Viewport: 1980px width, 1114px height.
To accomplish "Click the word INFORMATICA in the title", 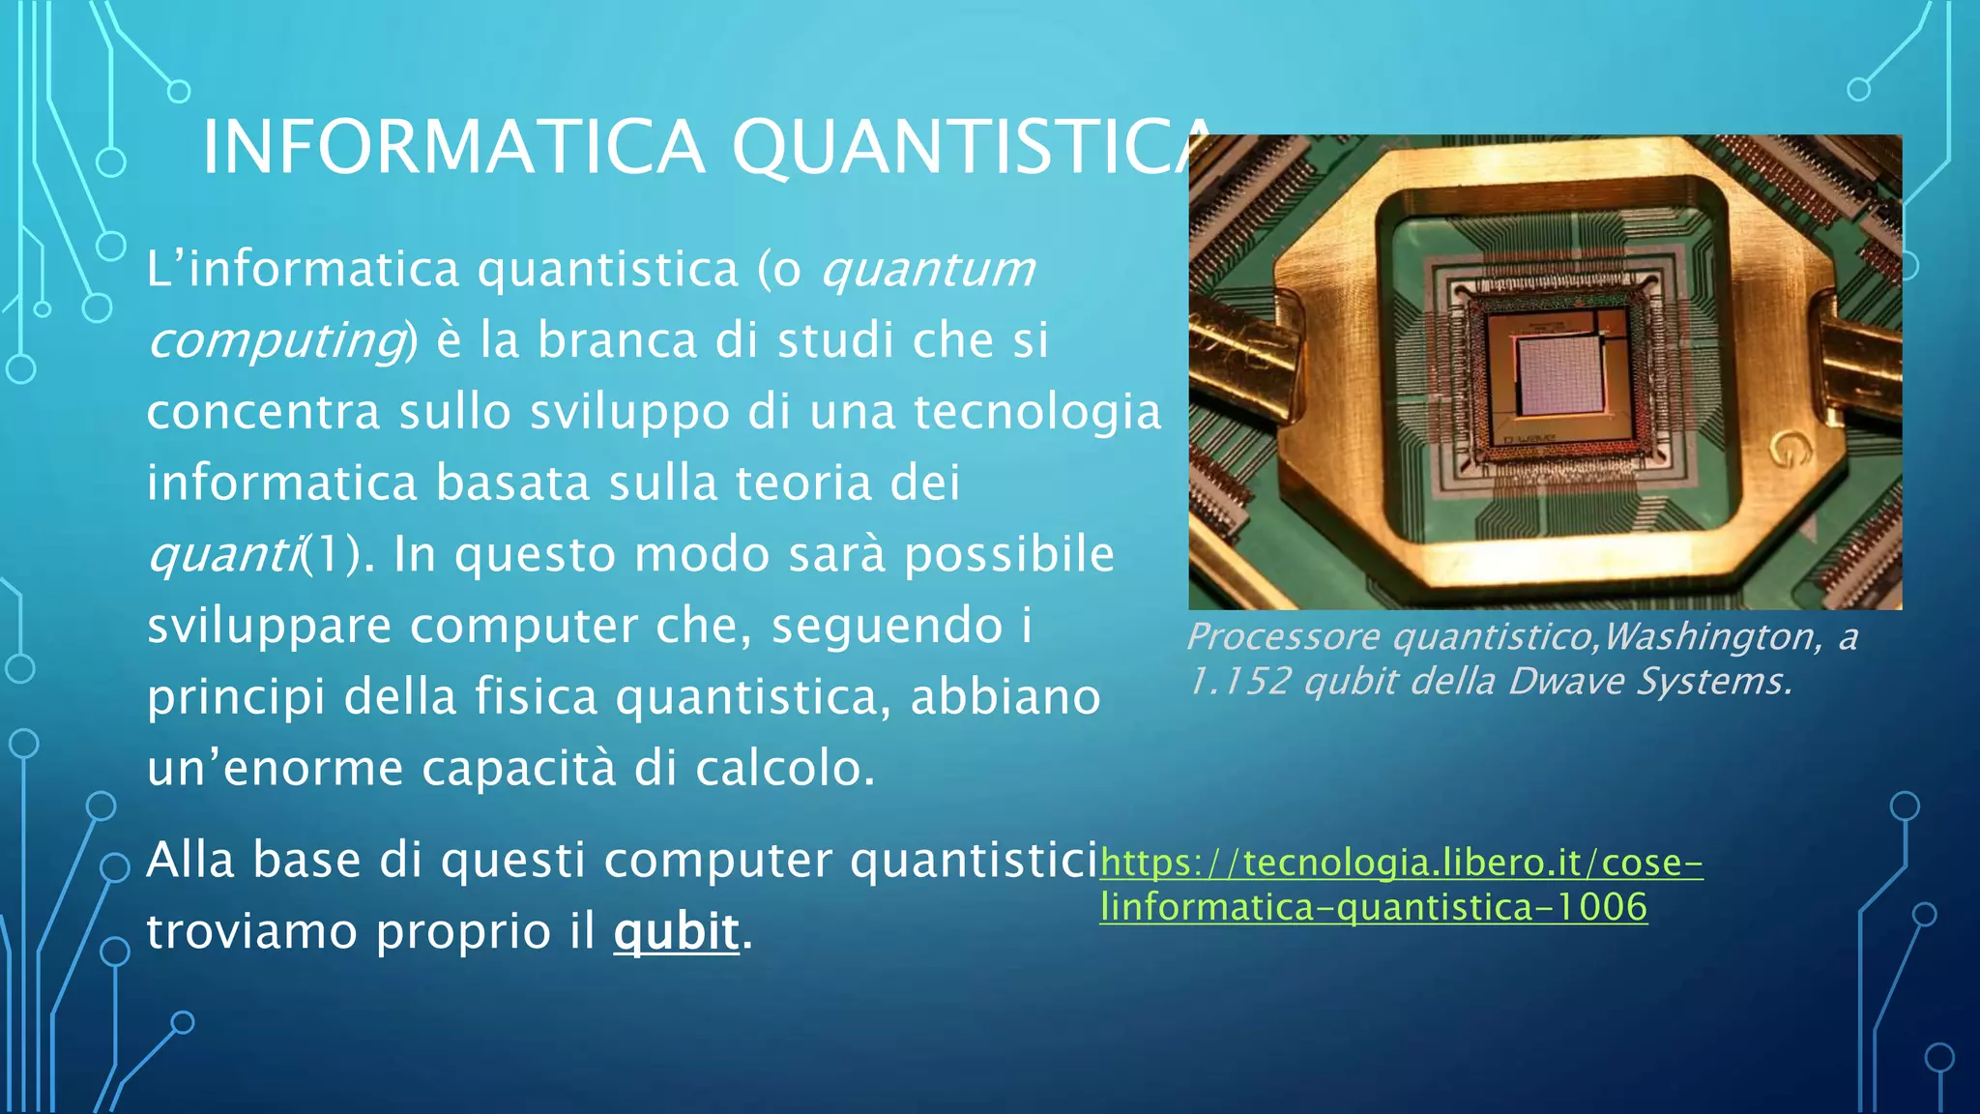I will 452,147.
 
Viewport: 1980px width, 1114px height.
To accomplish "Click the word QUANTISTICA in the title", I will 967,147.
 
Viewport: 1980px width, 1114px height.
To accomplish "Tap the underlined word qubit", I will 676,931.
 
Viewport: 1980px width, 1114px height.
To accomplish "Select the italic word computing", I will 277,339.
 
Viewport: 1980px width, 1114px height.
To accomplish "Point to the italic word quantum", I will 927,269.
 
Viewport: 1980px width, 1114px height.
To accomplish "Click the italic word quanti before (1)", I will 223,554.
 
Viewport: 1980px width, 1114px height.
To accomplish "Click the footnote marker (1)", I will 330,554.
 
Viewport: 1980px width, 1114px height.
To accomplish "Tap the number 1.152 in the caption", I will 1238,681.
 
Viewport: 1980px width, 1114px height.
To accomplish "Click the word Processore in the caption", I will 1283,636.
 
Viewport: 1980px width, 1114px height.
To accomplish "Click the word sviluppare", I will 269,626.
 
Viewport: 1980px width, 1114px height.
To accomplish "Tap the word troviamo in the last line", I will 252,931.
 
